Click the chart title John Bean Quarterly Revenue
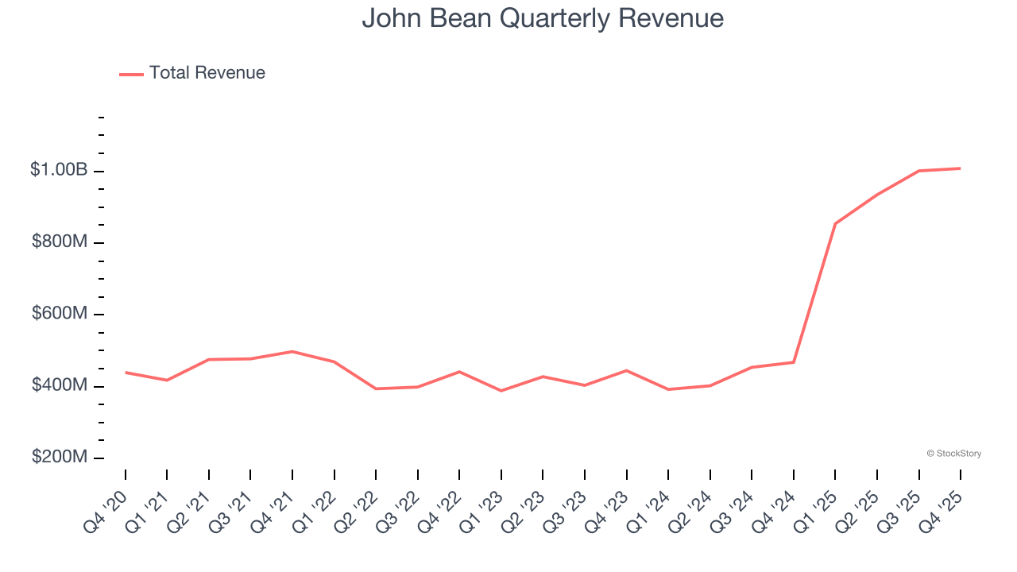coord(543,18)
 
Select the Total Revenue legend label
coord(207,73)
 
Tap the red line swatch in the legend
coord(131,74)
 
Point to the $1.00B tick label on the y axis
coord(59,170)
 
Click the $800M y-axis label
coord(59,242)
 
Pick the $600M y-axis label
coord(59,314)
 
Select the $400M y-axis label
coord(59,385)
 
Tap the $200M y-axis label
coord(59,458)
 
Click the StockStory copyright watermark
coord(953,454)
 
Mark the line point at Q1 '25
coord(835,223)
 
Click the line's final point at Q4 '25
coord(960,168)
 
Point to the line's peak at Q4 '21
coord(292,351)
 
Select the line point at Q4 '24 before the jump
coord(794,362)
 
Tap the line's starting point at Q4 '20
coord(126,372)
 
